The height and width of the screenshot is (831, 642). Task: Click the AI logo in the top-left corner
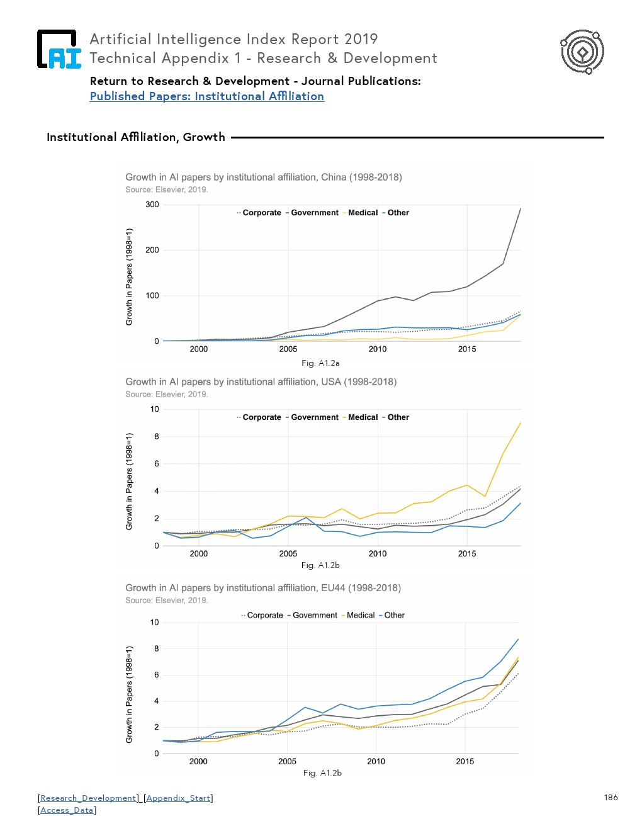point(59,49)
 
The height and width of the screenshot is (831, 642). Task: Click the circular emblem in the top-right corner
point(582,52)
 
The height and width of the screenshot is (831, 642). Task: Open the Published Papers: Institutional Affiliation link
point(206,96)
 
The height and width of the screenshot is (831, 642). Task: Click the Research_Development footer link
point(89,798)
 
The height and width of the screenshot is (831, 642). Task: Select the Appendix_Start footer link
point(178,798)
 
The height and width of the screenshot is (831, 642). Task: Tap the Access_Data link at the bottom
point(67,810)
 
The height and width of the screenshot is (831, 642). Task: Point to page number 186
point(611,798)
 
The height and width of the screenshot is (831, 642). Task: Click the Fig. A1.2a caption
point(320,363)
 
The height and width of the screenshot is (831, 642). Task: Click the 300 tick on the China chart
point(152,205)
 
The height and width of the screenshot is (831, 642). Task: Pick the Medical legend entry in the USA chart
point(363,417)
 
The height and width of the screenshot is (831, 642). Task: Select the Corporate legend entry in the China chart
point(261,213)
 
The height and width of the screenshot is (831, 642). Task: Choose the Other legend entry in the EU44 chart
point(394,616)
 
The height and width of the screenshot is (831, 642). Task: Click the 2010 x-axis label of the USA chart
point(378,554)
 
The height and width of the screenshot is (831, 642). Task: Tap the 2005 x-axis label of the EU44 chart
point(287,762)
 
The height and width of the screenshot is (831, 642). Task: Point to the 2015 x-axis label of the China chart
point(467,349)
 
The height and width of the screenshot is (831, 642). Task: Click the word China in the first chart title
point(334,178)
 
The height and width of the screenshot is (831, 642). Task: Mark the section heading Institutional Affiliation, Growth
point(136,137)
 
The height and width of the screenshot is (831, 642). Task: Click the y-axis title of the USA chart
point(129,481)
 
